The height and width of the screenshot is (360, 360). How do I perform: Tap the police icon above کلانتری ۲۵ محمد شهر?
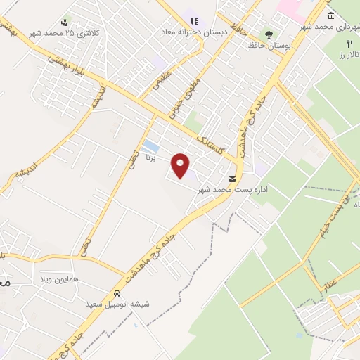(65, 22)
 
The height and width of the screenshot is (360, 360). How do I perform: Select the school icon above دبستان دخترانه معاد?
(194, 22)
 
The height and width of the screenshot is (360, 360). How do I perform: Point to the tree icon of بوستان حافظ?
(268, 33)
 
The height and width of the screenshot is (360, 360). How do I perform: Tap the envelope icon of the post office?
(233, 179)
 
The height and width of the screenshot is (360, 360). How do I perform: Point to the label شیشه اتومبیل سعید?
(126, 305)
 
